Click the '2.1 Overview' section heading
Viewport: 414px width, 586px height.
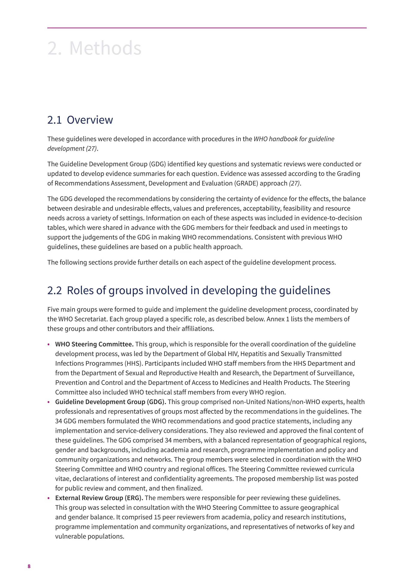click(x=80, y=120)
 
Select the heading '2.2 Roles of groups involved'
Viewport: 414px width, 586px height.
click(x=189, y=290)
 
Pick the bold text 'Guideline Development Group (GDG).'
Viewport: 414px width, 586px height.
click(x=111, y=402)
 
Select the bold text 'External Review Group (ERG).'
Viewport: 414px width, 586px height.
click(x=99, y=498)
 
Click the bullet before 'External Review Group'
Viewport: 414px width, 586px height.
click(x=49, y=498)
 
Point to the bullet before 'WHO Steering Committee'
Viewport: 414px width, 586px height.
click(x=49, y=345)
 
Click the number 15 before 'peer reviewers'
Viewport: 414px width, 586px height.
click(x=157, y=517)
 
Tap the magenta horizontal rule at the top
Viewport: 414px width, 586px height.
click(x=207, y=28)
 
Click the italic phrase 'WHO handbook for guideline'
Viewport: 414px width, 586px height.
click(x=294, y=139)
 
